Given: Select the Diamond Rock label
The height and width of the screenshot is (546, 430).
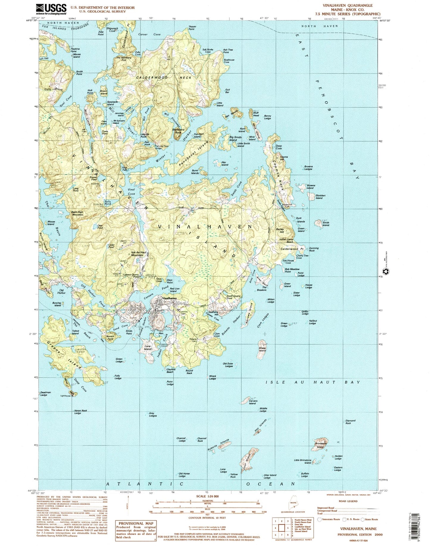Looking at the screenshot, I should [350, 422].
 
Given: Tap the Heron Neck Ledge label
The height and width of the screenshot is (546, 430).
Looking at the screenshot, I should [77, 412].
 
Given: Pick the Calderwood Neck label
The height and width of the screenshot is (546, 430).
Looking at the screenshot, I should [164, 77].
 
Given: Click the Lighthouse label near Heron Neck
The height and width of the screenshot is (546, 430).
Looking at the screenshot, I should [65, 396].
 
